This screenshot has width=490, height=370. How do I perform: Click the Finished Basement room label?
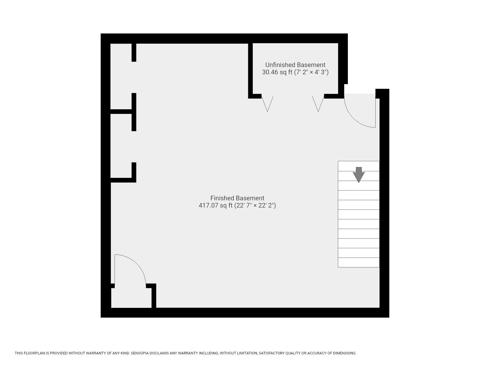click(237, 198)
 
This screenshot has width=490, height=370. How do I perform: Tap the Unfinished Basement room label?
click(295, 65)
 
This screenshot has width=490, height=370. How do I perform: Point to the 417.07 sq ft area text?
click(216, 206)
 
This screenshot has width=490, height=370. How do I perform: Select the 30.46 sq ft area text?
click(277, 72)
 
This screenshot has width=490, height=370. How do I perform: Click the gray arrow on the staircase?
click(359, 174)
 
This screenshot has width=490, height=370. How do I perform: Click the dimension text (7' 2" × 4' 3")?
click(311, 72)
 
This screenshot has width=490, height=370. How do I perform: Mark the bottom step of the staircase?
click(359, 262)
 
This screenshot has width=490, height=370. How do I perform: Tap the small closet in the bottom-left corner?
click(131, 298)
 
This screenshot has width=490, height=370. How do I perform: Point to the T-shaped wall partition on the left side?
click(133, 112)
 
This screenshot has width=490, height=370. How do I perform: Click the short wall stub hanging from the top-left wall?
click(134, 52)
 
